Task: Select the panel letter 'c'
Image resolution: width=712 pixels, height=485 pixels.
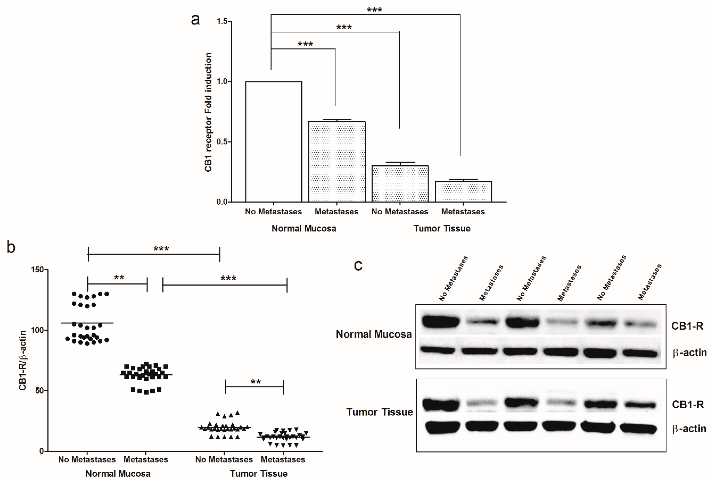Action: [x=358, y=265]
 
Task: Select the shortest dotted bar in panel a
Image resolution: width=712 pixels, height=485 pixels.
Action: [x=463, y=192]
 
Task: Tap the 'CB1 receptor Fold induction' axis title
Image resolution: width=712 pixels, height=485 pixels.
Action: [x=208, y=112]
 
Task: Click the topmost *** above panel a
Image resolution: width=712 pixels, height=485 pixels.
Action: [x=374, y=10]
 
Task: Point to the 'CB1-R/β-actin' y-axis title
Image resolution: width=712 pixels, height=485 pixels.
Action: [x=22, y=360]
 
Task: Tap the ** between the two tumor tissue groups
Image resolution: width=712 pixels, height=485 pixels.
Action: [x=256, y=382]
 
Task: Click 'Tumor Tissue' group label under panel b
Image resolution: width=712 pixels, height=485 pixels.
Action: [x=259, y=474]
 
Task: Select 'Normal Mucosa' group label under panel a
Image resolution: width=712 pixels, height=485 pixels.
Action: [x=304, y=228]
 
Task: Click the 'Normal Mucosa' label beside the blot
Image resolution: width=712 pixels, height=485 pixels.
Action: [x=374, y=334]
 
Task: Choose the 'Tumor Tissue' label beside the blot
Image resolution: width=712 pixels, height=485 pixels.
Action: [x=379, y=412]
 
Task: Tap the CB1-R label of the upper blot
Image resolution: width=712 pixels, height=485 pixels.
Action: [x=687, y=326]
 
